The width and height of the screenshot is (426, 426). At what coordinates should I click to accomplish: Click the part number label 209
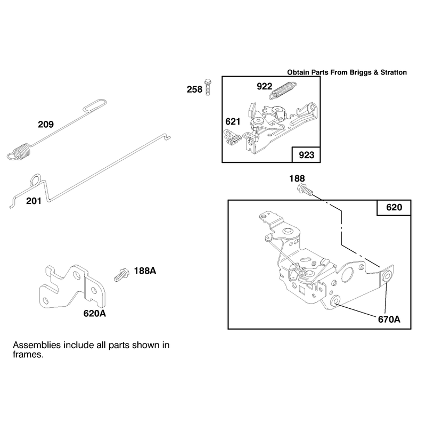(x=46, y=125)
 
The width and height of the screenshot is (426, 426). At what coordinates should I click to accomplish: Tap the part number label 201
(x=34, y=201)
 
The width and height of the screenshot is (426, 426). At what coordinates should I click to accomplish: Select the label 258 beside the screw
(x=194, y=89)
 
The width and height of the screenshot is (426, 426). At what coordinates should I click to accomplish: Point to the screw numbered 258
(x=208, y=87)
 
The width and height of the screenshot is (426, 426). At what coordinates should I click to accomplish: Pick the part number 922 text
(x=264, y=86)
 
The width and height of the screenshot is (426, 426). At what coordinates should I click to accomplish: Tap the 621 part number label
(x=233, y=121)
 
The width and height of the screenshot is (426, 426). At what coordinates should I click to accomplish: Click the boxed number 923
(x=307, y=155)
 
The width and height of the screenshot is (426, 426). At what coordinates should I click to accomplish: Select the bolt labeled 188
(x=305, y=190)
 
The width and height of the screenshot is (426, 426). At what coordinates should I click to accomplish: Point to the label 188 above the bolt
(x=297, y=178)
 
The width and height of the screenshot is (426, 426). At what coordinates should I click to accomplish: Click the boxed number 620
(x=394, y=208)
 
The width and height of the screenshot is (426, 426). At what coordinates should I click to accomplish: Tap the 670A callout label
(x=389, y=319)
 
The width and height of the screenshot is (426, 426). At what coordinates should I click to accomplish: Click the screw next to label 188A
(x=121, y=275)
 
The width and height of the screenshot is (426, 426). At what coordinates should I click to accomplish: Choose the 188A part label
(x=145, y=271)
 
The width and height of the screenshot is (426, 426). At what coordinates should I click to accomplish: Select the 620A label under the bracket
(x=95, y=314)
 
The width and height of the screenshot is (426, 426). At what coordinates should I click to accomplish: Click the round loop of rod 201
(x=36, y=180)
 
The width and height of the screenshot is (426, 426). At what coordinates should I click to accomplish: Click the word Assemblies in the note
(x=37, y=345)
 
